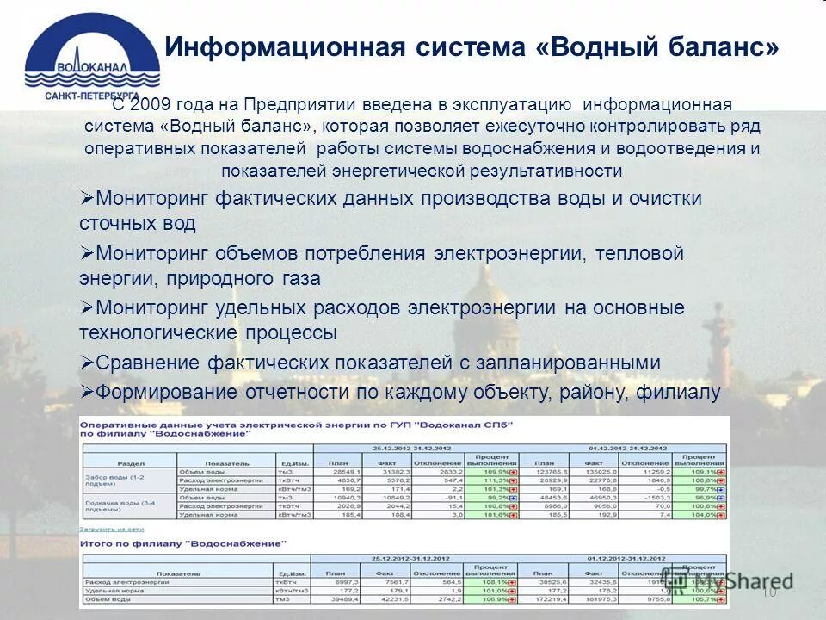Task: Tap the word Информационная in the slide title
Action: click(285, 46)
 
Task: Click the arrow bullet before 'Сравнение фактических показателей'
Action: click(86, 362)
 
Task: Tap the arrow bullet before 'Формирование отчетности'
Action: click(86, 391)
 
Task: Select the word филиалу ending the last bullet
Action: click(678, 393)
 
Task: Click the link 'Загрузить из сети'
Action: click(112, 529)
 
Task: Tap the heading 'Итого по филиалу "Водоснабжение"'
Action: click(182, 543)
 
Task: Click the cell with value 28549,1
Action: click(337, 473)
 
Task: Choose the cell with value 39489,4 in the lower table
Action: click(337, 600)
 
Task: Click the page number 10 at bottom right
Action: click(768, 592)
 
